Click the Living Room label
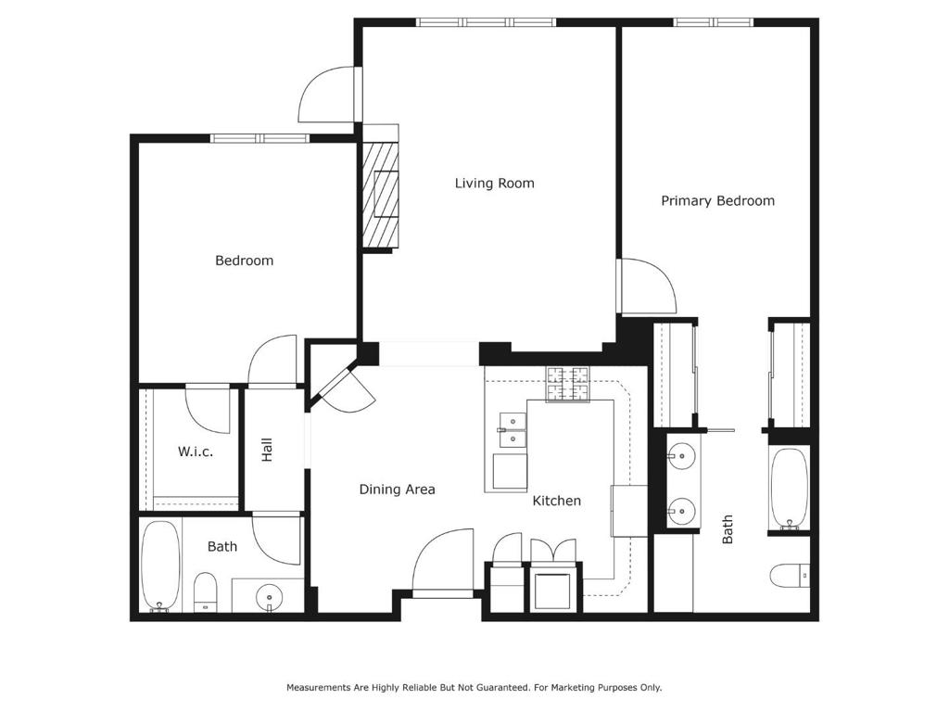495,183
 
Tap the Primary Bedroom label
717,200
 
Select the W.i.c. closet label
195,451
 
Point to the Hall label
267,450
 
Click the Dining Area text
397,489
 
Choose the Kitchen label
557,501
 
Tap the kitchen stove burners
568,385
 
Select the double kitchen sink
512,429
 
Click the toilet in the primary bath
791,575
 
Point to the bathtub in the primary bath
790,489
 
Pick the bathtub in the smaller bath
160,566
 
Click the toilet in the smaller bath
205,592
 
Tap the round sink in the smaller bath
268,598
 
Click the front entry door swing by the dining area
443,561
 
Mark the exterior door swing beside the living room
327,94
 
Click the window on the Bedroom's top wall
259,139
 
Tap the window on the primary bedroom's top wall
715,22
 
